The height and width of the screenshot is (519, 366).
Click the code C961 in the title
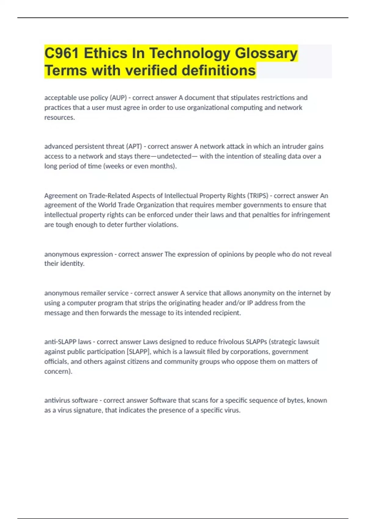click(x=62, y=53)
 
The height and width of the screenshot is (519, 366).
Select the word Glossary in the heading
click(x=266, y=53)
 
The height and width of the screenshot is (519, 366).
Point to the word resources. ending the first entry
click(x=59, y=118)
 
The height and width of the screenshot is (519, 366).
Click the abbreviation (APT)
click(x=135, y=147)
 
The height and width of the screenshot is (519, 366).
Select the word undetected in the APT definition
click(x=174, y=156)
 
